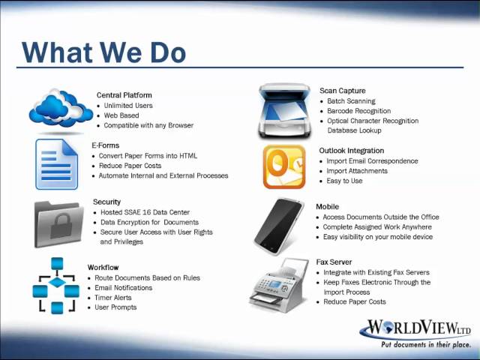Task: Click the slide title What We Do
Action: (x=103, y=52)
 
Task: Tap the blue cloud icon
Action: (x=61, y=108)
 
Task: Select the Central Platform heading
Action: (x=124, y=95)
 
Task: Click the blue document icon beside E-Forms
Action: (x=56, y=163)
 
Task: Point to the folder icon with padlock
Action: (x=58, y=223)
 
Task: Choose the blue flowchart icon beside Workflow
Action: (x=57, y=286)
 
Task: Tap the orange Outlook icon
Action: (x=284, y=166)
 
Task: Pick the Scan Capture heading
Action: (x=343, y=91)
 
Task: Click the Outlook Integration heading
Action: (x=352, y=151)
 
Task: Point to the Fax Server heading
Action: (x=334, y=262)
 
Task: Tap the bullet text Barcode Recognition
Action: (x=358, y=111)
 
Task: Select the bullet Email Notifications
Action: (x=123, y=288)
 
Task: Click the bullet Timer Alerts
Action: (x=115, y=298)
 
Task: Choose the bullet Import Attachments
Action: (x=357, y=171)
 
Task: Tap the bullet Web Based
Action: (x=121, y=115)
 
